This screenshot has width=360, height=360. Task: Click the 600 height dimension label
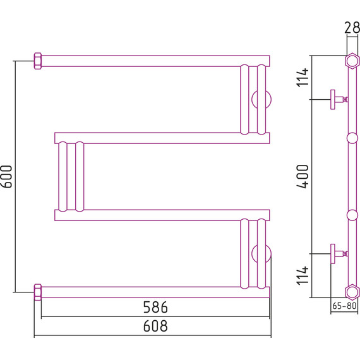pos(7,176)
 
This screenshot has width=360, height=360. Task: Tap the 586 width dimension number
pos(155,307)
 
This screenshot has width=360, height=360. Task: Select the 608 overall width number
pos(155,326)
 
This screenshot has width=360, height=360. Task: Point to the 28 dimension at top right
pos(352,28)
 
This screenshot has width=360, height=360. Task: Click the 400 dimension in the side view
pos(303,176)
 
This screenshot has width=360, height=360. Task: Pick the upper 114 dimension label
pos(303,78)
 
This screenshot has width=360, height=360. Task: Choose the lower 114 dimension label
pos(303,275)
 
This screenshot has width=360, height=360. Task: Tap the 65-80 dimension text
pos(344,306)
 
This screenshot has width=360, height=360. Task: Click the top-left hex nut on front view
pos(38,61)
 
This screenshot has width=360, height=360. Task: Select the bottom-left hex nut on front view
pos(38,292)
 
